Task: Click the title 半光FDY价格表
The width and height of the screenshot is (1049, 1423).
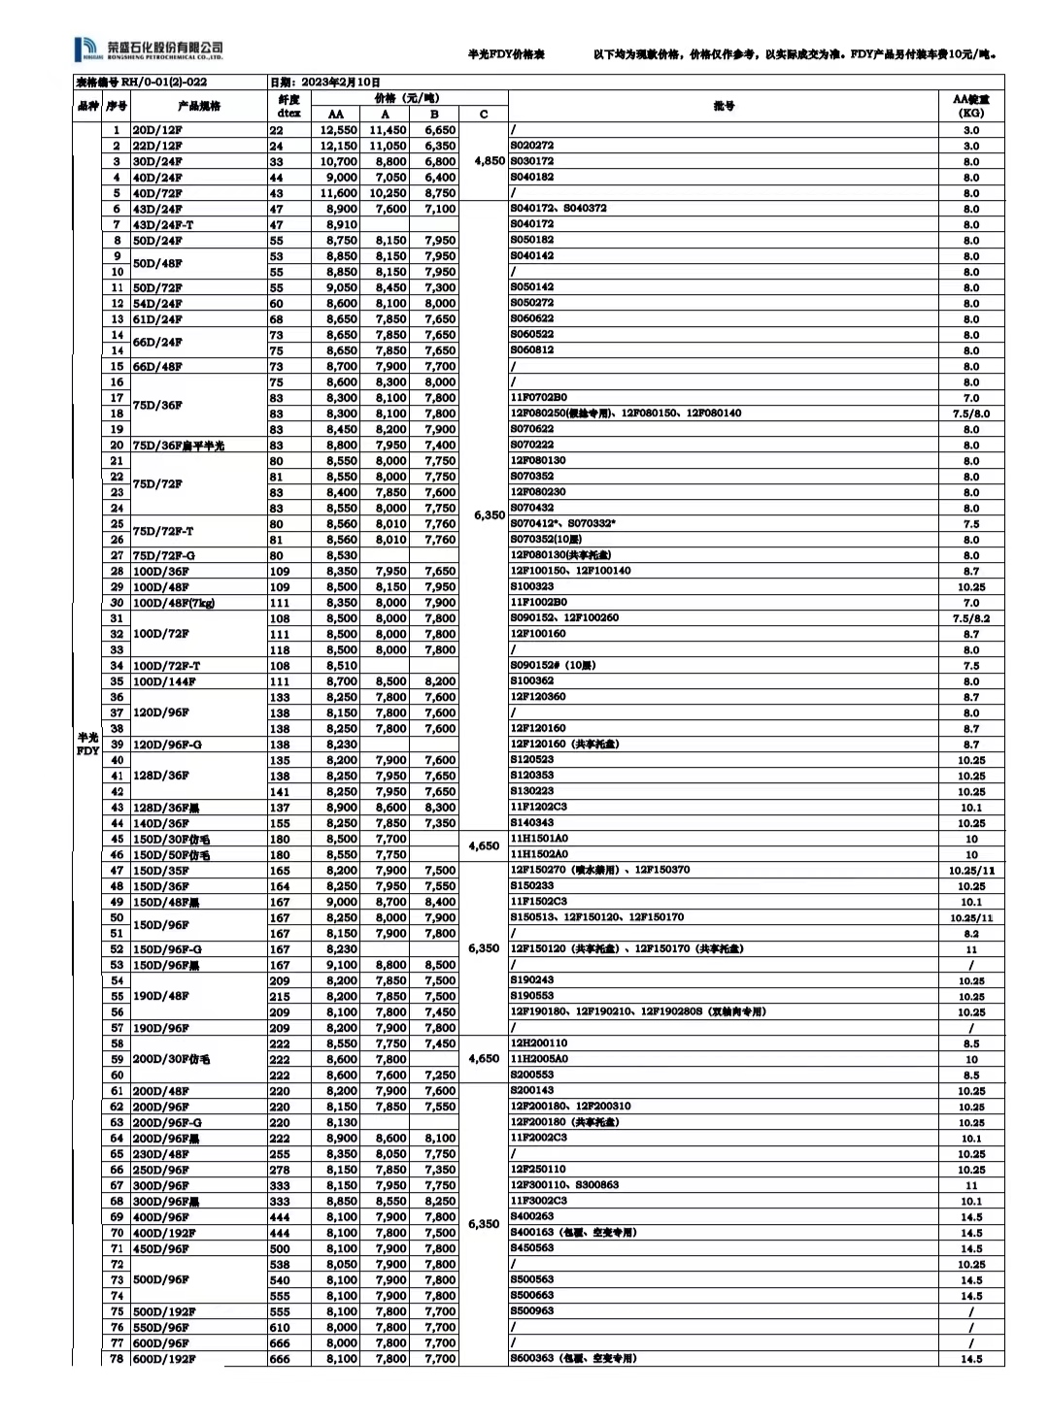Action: click(x=506, y=55)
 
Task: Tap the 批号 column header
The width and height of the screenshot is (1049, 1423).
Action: click(x=724, y=106)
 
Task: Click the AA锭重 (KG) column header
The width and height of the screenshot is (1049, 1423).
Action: click(x=970, y=106)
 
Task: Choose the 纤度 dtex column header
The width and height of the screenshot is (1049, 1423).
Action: click(x=288, y=106)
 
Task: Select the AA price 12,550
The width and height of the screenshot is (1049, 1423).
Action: click(x=338, y=130)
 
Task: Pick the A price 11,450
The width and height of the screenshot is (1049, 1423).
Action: click(x=387, y=130)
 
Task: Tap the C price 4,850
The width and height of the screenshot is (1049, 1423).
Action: click(x=489, y=161)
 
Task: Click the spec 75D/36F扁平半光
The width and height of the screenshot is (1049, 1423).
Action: click(x=178, y=446)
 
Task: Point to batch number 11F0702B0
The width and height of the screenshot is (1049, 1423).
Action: click(x=538, y=398)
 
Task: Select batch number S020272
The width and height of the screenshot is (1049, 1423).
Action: click(x=531, y=146)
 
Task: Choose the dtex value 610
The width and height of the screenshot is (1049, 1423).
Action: click(x=279, y=1327)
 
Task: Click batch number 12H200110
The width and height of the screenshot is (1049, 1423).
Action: click(x=538, y=1043)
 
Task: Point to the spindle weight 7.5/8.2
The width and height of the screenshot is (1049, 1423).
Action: click(x=970, y=618)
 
